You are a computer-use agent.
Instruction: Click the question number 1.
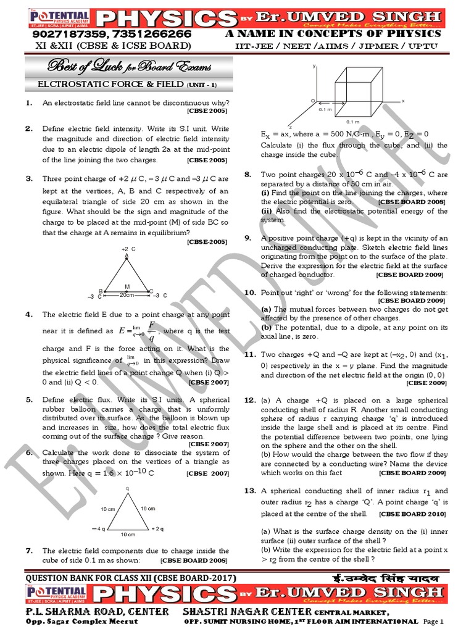(29, 103)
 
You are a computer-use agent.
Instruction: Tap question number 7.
(29, 551)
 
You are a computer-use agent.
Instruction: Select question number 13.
(250, 491)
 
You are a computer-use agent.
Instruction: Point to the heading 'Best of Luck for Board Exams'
(127, 66)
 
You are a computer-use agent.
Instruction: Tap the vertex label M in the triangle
(127, 286)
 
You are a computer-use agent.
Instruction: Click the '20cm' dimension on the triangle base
(127, 295)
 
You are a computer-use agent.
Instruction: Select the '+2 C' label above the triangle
(128, 249)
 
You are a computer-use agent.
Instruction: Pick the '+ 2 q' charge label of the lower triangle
(157, 529)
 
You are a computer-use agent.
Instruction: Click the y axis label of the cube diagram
(315, 65)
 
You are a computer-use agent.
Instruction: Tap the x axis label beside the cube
(403, 101)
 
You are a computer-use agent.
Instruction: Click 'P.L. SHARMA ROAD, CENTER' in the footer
(97, 611)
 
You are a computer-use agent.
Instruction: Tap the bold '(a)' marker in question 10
(266, 309)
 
